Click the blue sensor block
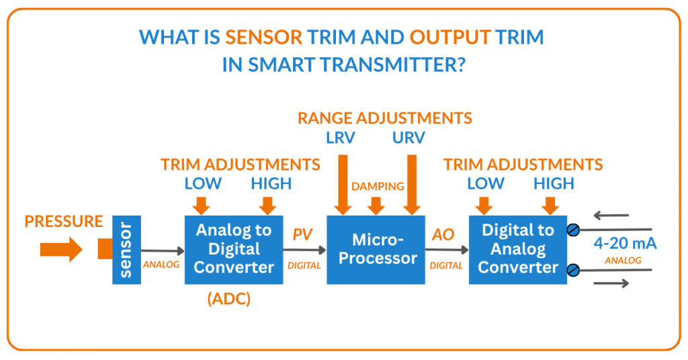click(x=126, y=249)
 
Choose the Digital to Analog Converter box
click(x=518, y=249)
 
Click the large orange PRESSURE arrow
click(x=60, y=250)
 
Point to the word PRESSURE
click(x=64, y=222)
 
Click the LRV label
click(x=342, y=138)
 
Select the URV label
click(x=409, y=138)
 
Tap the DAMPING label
click(x=377, y=186)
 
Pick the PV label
click(x=303, y=234)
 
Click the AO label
click(x=443, y=234)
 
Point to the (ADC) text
click(x=228, y=300)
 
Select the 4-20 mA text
click(x=624, y=244)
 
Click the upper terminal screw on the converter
click(x=573, y=230)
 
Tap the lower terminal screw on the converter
click(x=573, y=270)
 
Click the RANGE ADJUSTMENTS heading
click(x=385, y=118)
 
